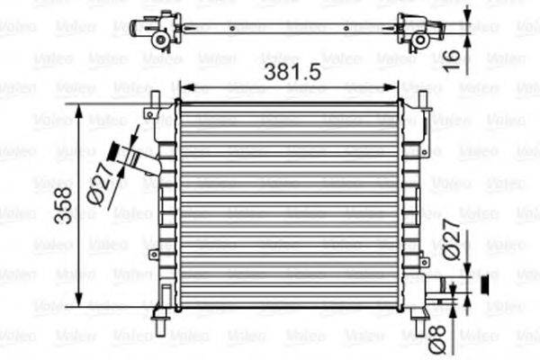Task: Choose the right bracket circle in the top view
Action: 419,40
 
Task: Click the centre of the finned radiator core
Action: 290,205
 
